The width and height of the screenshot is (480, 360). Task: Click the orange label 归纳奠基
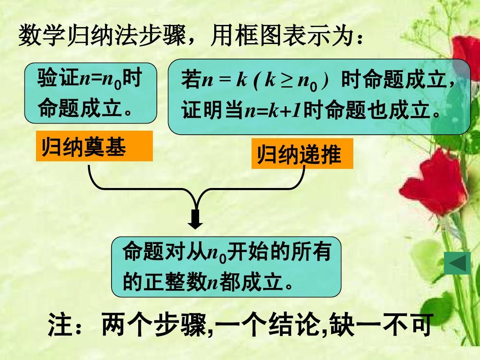click(94, 146)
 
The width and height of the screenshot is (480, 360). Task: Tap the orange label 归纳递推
click(302, 153)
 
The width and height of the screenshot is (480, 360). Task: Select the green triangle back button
click(457, 263)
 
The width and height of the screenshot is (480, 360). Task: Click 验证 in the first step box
click(58, 77)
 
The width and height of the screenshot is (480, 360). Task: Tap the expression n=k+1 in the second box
click(272, 110)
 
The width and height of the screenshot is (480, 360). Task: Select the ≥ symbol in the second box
click(287, 80)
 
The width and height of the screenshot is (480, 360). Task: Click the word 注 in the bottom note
click(60, 324)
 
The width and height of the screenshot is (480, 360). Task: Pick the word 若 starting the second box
click(191, 79)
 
